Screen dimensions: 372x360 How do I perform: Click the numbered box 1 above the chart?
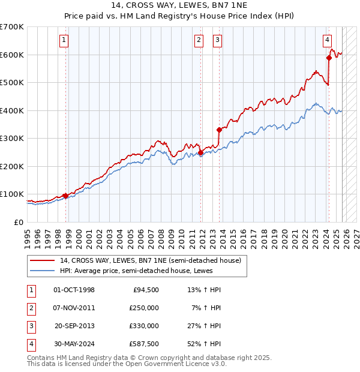(x=64, y=40)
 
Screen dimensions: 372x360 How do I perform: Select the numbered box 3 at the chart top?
(x=217, y=40)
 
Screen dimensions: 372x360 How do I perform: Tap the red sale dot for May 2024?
(x=329, y=58)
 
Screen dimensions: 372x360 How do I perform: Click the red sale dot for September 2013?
(x=219, y=130)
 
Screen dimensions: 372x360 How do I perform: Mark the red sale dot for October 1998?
(x=65, y=196)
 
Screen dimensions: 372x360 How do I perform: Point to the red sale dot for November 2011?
(x=200, y=152)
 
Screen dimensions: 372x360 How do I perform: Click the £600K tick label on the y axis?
(x=12, y=55)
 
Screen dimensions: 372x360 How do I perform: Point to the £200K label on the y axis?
(x=12, y=166)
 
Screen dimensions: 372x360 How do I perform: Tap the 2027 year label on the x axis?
(x=356, y=234)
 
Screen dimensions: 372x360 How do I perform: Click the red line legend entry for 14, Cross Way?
(x=150, y=260)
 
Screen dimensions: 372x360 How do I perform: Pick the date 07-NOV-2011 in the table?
(x=74, y=308)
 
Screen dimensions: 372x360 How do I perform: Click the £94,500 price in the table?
(x=146, y=290)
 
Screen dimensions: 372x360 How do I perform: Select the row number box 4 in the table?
(x=31, y=344)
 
